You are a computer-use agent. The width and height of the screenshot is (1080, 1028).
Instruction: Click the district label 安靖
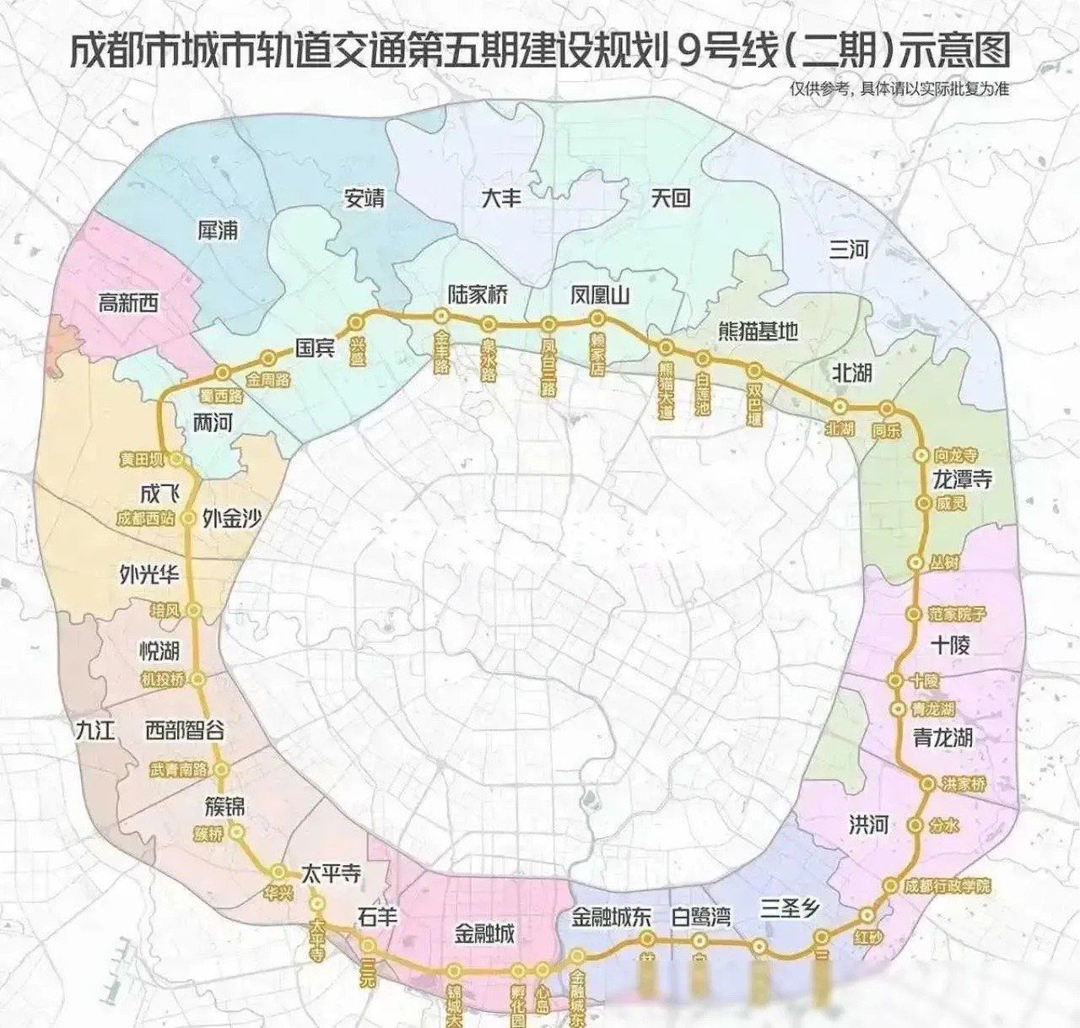[364, 197]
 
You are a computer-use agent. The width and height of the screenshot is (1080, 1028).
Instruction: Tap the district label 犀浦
[218, 230]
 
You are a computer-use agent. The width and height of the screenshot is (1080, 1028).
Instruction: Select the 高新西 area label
[128, 302]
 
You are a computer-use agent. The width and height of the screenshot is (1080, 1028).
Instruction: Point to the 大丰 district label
[501, 197]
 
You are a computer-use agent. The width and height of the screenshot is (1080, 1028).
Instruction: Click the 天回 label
[671, 197]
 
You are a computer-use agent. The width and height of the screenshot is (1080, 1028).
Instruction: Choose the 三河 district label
[849, 249]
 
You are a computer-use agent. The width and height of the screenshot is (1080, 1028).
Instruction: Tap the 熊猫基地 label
[758, 331]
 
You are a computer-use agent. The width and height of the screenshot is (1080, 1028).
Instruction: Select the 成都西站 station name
[145, 518]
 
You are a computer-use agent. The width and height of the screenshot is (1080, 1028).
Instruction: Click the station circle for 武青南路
[222, 769]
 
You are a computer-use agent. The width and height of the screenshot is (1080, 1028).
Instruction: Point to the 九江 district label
[94, 729]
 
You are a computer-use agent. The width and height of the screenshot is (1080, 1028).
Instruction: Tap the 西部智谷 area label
[185, 729]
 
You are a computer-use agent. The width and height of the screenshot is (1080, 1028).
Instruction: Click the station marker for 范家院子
[914, 614]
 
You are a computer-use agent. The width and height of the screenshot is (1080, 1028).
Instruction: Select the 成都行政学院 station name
[948, 885]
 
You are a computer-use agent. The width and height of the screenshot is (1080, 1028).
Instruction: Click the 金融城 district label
[484, 933]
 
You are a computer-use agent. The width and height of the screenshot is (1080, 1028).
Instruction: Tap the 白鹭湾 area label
[700, 916]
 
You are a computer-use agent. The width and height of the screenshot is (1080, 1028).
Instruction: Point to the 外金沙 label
[232, 518]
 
